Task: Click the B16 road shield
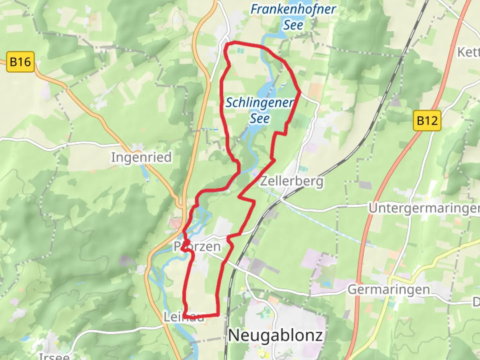pos(20,62)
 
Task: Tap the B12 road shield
pos(427,120)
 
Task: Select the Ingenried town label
pos(141,157)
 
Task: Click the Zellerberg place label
pos(292,181)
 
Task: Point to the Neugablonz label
pos(275,335)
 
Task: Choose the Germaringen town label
pos(389,289)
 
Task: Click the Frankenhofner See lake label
pos(293,17)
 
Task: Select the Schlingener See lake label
pos(260,110)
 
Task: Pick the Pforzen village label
pos(197,247)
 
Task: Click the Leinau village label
pos(184,317)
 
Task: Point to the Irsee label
pos(54,356)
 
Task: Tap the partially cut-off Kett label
pos(468,52)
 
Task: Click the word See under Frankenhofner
pos(293,25)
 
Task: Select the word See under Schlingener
pos(260,118)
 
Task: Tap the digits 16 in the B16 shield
pos(25,62)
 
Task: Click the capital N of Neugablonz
pos(235,335)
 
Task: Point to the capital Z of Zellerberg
pos(264,181)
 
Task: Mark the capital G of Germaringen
pos(353,289)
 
